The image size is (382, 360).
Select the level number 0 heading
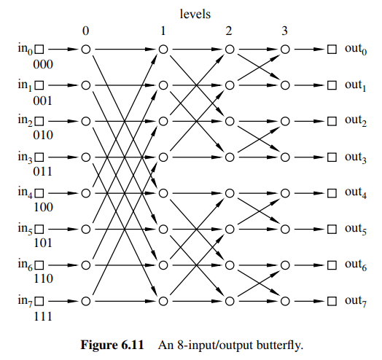click(x=85, y=31)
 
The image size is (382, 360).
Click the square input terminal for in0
click(x=40, y=50)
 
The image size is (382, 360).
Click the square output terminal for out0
click(x=331, y=50)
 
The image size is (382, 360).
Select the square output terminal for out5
click(x=331, y=228)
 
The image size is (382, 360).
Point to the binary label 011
click(x=43, y=171)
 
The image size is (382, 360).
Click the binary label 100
click(x=43, y=207)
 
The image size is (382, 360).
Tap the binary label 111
click(x=43, y=315)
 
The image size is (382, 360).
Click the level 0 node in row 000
click(x=85, y=50)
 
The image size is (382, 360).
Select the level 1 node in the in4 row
click(x=163, y=192)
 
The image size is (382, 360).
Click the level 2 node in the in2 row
click(x=230, y=121)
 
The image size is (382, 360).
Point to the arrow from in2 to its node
click(x=63, y=121)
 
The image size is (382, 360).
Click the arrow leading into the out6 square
click(x=309, y=264)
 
